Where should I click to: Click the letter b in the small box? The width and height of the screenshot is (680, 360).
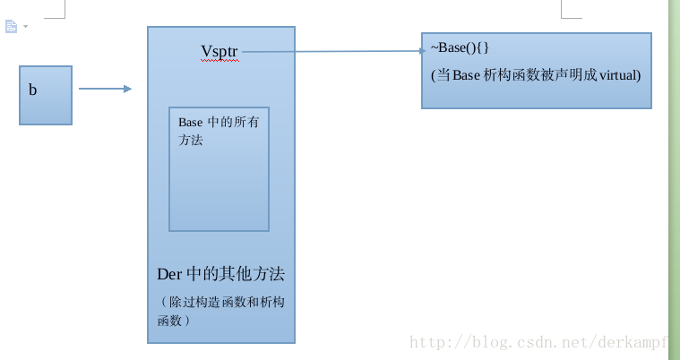point(33,90)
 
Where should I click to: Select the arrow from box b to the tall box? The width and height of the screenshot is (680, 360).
point(105,89)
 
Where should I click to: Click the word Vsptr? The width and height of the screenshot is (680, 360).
point(219,51)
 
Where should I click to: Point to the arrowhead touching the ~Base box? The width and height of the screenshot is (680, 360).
point(422,51)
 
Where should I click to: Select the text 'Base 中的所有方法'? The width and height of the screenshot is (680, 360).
point(218,131)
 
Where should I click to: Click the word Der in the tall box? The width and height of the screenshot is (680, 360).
point(169,274)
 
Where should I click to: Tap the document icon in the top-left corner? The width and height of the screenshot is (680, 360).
point(11,26)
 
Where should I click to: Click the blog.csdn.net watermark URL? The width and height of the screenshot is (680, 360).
point(538,342)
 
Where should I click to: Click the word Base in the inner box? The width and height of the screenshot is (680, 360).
point(191,123)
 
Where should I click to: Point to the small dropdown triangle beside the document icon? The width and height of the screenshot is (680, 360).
point(25,26)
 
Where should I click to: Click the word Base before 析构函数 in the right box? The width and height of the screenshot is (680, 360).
point(467,75)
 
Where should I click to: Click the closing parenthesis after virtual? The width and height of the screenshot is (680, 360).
point(639,75)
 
